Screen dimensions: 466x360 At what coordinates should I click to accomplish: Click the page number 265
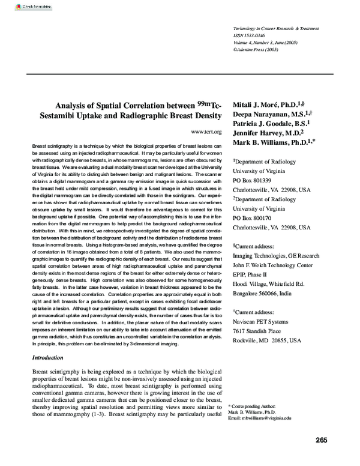click(321, 440)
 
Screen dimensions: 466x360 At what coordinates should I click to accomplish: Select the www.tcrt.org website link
click(206, 132)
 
